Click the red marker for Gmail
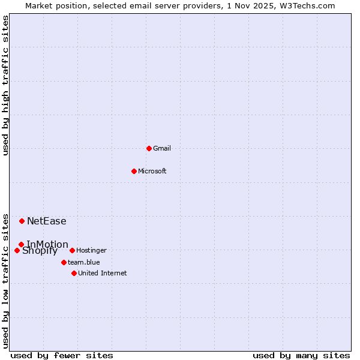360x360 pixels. pyautogui.click(x=149, y=148)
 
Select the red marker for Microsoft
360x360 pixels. pyautogui.click(x=134, y=171)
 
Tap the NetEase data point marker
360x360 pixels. pyautogui.click(x=22, y=221)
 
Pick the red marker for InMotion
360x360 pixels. pyautogui.click(x=21, y=244)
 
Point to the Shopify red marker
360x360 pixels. pyautogui.click(x=17, y=250)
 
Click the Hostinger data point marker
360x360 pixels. pyautogui.click(x=72, y=250)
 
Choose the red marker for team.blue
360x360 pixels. pyautogui.click(x=64, y=262)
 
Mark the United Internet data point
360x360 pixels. pyautogui.click(x=74, y=273)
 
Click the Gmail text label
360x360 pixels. pyautogui.click(x=162, y=148)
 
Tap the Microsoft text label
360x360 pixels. pyautogui.click(x=152, y=171)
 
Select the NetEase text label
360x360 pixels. pyautogui.click(x=47, y=221)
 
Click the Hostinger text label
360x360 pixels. pyautogui.click(x=91, y=250)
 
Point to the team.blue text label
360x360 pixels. pyautogui.click(x=84, y=262)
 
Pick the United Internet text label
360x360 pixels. pyautogui.click(x=103, y=273)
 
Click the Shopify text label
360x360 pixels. pyautogui.click(x=40, y=251)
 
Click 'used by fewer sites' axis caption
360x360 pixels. pyautogui.click(x=62, y=355)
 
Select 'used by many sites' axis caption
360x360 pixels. pyautogui.click(x=301, y=355)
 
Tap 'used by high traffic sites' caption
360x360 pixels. pyautogui.click(x=6, y=85)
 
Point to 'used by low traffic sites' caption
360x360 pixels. pyautogui.click(x=6, y=281)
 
